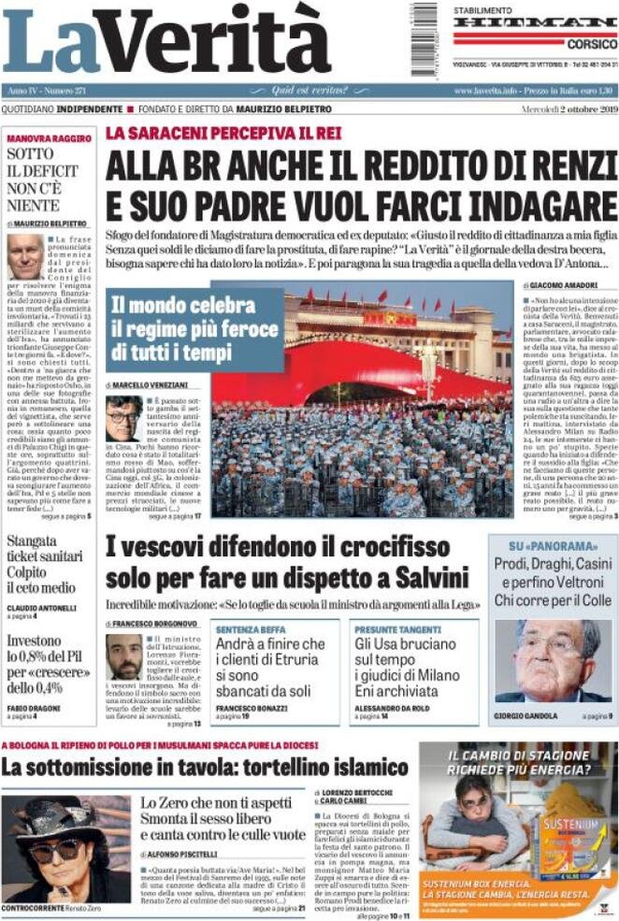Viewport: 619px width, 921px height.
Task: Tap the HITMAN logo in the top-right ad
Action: pyautogui.click(x=536, y=22)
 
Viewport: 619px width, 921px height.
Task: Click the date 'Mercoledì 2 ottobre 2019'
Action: pyautogui.click(x=566, y=108)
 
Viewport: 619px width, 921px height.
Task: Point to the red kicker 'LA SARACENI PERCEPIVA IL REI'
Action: pyautogui.click(x=223, y=133)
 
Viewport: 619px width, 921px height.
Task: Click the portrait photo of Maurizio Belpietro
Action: pyautogui.click(x=25, y=257)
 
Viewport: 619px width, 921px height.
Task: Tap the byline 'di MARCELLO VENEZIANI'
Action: pyautogui.click(x=142, y=385)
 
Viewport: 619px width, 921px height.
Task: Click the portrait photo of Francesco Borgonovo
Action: pyautogui.click(x=123, y=656)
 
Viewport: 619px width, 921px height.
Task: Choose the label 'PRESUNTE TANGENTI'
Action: pyautogui.click(x=392, y=630)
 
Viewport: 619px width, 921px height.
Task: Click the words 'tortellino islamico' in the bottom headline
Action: pyautogui.click(x=319, y=769)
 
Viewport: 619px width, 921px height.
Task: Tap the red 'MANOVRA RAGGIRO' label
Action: pyautogui.click(x=49, y=137)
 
